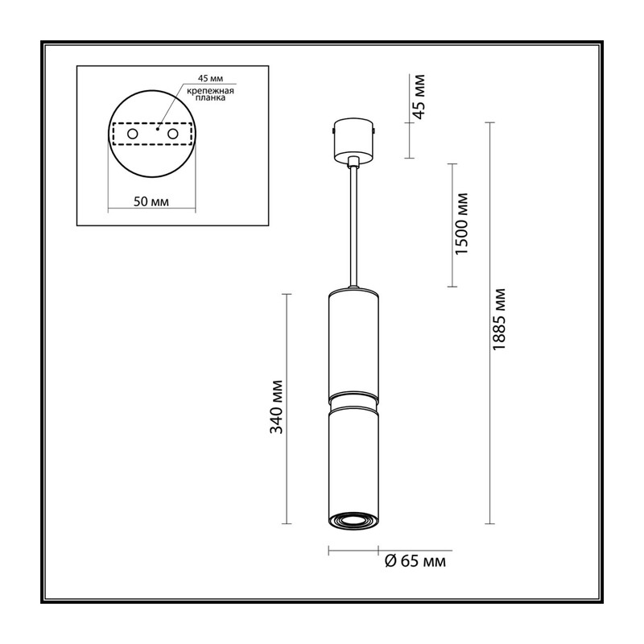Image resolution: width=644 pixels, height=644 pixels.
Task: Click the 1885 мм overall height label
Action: click(x=498, y=319)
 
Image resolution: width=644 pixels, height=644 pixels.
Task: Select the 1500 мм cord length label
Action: click(x=461, y=223)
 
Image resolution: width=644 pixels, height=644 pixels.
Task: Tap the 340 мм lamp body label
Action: click(x=276, y=407)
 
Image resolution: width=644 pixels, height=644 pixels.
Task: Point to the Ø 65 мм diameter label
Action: click(x=415, y=560)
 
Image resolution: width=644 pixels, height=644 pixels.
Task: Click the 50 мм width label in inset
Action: click(x=151, y=202)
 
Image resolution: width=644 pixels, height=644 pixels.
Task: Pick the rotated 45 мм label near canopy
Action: click(x=419, y=97)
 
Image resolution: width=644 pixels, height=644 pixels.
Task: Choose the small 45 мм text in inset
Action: click(x=210, y=79)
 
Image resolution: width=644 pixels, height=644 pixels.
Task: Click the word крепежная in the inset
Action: click(x=210, y=91)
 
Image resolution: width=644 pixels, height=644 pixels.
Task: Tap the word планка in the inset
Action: click(x=210, y=98)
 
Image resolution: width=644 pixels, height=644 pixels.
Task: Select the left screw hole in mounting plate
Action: click(x=132, y=134)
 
